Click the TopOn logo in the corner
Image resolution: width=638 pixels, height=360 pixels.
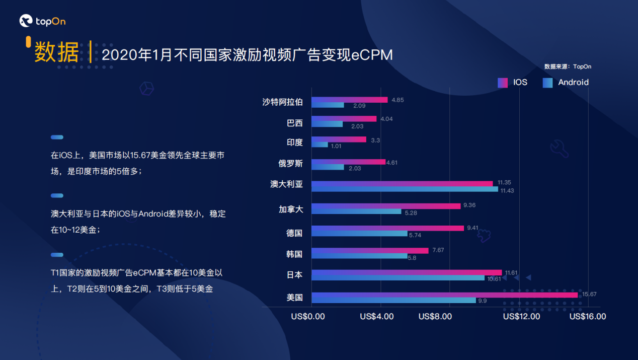coord(42,21)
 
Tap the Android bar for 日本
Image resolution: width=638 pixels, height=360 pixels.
coord(398,278)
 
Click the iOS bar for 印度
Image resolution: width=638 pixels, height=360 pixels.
coord(339,139)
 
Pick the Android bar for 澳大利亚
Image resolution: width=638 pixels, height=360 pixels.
coord(405,189)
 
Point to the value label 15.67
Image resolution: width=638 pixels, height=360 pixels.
coord(589,294)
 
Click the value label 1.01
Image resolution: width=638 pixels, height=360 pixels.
coord(336,146)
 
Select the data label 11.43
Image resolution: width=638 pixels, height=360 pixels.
coord(507,190)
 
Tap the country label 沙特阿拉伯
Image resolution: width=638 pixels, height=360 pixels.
coord(283,102)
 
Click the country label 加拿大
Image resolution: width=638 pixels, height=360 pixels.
coord(291,209)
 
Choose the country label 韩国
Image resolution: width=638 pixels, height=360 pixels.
coord(294,254)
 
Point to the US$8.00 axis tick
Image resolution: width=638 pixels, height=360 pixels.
coord(435,317)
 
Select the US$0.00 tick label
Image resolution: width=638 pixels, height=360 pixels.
coord(308,317)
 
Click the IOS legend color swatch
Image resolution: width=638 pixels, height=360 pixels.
coord(502,83)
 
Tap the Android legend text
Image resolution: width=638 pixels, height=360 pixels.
coord(573,82)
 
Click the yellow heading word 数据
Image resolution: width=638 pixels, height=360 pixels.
coord(56,53)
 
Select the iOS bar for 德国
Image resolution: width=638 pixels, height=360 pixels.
coord(387,228)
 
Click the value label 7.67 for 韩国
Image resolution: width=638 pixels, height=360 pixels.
coord(438,250)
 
